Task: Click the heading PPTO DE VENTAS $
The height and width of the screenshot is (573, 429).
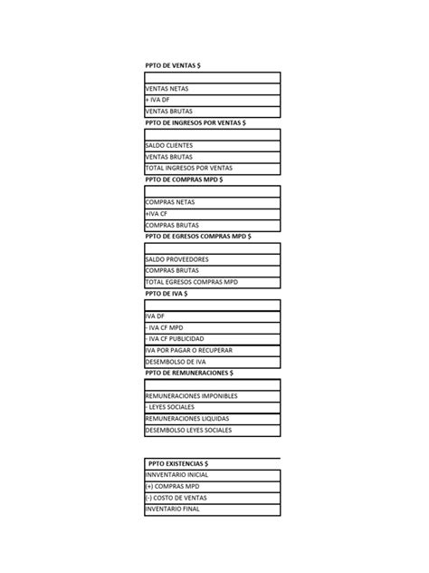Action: pos(173,65)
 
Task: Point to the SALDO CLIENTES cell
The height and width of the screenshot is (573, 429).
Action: pos(169,145)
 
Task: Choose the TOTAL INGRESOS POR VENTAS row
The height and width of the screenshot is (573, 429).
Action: pos(188,168)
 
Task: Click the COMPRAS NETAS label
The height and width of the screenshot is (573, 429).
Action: pos(170,202)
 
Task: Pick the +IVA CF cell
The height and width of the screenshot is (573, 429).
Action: pos(157,213)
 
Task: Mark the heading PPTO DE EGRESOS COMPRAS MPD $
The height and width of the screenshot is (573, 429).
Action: pos(198,236)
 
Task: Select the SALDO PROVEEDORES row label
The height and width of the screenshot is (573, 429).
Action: pos(176,259)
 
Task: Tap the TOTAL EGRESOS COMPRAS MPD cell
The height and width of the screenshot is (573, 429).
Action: pos(190,282)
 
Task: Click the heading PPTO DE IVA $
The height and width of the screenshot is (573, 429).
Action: pos(167,294)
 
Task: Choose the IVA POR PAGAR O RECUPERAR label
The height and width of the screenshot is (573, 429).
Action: pos(188,349)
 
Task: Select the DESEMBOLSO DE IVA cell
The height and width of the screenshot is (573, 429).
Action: pos(176,361)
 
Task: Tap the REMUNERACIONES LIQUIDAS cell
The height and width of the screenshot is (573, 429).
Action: pos(187,418)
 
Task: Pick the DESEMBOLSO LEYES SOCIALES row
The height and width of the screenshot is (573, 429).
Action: pos(188,430)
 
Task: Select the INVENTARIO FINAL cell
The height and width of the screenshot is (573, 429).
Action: pos(172,509)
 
